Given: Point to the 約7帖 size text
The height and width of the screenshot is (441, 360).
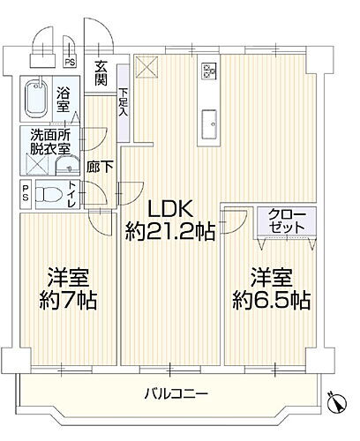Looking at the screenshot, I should pyautogui.click(x=66, y=300).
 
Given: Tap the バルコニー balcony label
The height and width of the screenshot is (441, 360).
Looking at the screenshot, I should pyautogui.click(x=176, y=392).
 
